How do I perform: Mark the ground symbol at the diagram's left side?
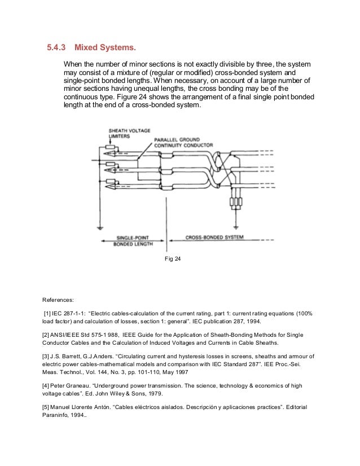pos(99,228)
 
